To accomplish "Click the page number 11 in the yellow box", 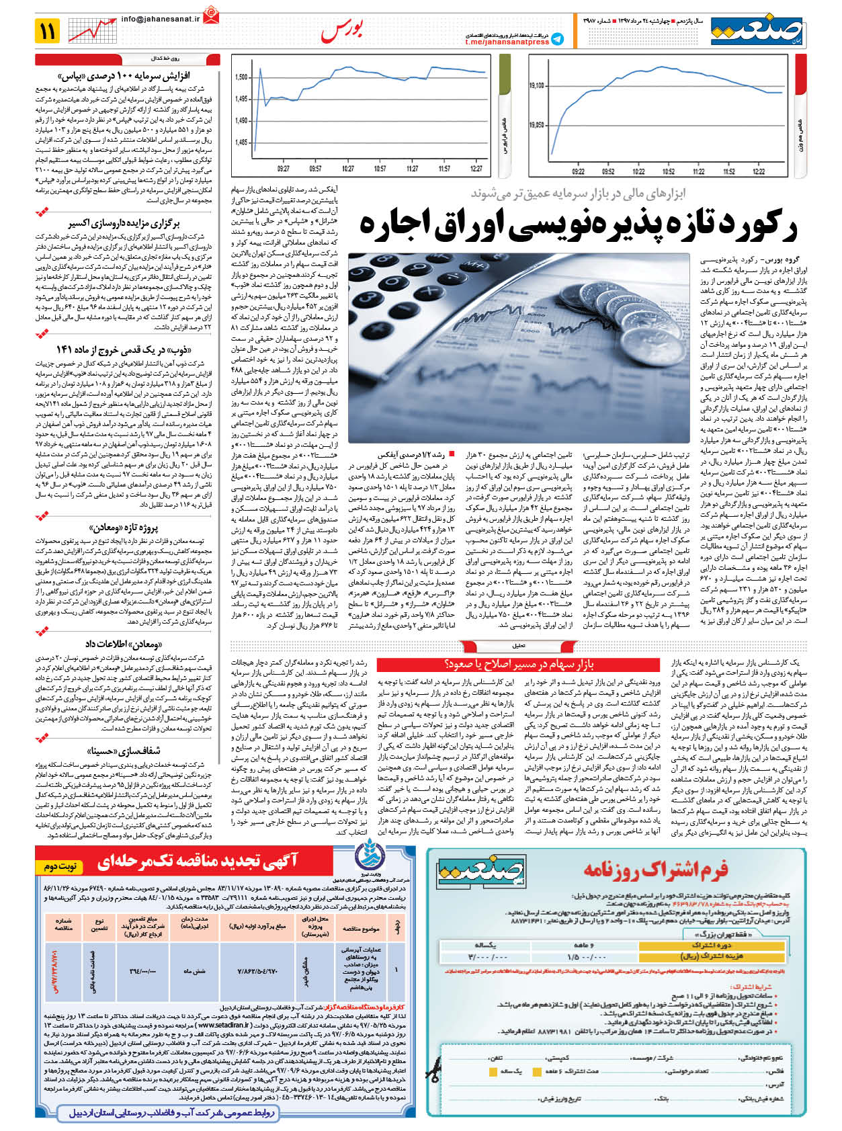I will (48, 30).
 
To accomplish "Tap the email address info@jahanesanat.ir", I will (161, 19).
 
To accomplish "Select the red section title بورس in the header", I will (342, 31).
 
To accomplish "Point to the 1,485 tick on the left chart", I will (241, 142).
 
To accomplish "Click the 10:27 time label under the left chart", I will (347, 169).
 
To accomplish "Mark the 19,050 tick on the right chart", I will (536, 125).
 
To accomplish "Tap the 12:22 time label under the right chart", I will (759, 171).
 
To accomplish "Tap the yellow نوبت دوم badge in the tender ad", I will (60, 866).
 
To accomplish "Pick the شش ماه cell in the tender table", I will (194, 971).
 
